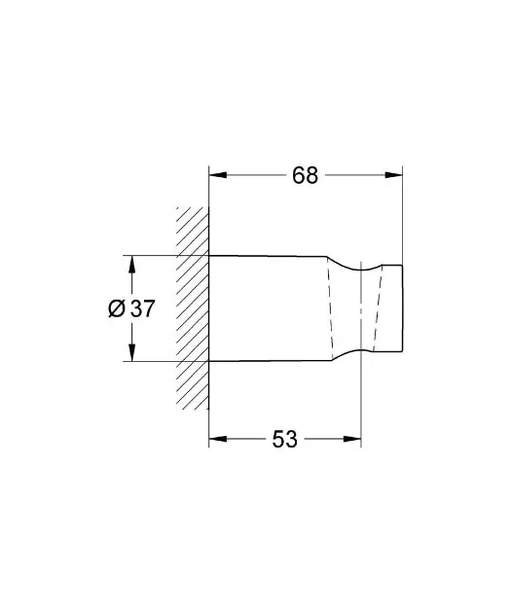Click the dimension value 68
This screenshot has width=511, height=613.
pos(305,176)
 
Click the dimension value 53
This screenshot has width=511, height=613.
pos(284,440)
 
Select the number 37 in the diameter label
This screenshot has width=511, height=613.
pos(142,308)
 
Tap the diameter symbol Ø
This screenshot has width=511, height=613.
pos(116,308)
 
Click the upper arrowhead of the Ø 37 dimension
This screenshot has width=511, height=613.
pos(129,262)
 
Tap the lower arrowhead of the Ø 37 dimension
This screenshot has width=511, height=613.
pos(129,355)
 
